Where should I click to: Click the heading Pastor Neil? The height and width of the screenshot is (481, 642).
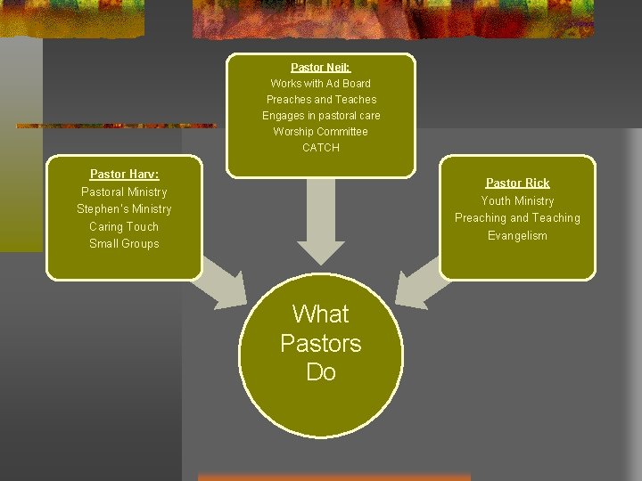click(321, 67)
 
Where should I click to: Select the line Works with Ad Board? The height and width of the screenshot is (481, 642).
click(321, 83)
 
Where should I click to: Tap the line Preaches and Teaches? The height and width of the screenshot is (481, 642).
click(321, 99)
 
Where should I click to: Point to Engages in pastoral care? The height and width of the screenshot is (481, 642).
click(321, 115)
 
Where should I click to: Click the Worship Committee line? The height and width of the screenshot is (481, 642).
click(321, 131)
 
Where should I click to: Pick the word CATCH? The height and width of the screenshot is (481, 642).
click(321, 147)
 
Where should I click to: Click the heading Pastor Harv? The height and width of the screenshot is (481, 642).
click(124, 174)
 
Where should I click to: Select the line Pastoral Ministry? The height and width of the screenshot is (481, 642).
click(124, 192)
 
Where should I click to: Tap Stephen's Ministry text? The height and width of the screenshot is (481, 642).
click(124, 208)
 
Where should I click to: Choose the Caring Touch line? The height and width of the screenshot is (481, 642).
click(124, 226)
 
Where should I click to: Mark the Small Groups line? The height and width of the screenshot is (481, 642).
click(124, 243)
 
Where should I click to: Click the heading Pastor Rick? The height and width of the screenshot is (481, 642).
click(517, 183)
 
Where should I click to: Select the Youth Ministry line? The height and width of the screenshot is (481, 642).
click(517, 200)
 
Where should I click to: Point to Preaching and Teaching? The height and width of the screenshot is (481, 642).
click(517, 217)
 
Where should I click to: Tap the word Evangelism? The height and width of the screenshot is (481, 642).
click(517, 235)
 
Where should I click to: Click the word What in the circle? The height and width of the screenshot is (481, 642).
click(321, 314)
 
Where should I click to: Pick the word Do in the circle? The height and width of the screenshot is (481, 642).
click(321, 371)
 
